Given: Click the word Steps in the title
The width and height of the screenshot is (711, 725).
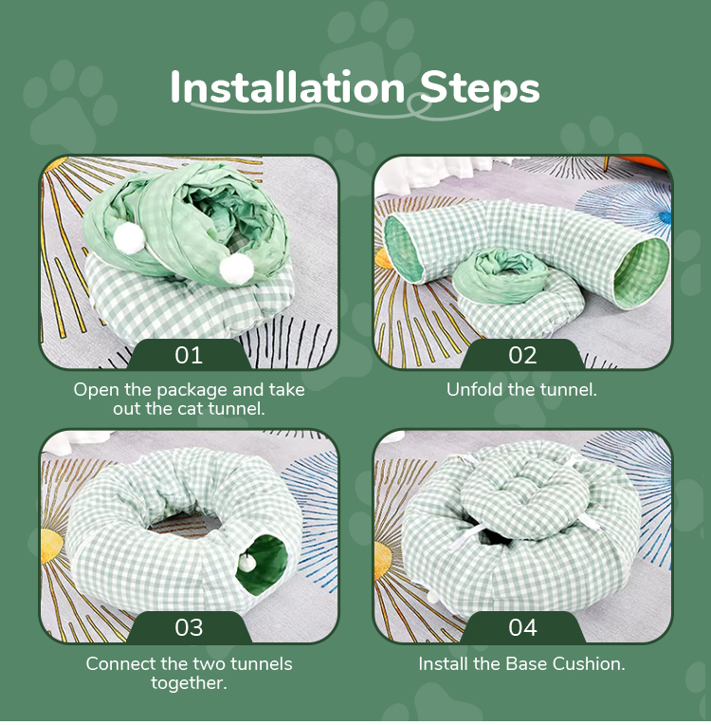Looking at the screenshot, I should click(480, 88).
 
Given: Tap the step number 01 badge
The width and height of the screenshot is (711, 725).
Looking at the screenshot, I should click(190, 356).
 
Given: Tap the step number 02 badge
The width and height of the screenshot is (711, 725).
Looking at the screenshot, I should click(523, 356).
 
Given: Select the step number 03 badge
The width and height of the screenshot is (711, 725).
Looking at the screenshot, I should click(190, 627).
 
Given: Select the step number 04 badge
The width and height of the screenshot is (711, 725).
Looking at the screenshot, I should click(523, 627).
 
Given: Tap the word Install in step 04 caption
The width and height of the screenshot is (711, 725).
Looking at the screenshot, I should click(447, 663).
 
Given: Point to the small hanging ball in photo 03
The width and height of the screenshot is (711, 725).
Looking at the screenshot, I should click(245, 562).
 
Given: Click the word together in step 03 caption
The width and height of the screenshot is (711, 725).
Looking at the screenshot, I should click(190, 683).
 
